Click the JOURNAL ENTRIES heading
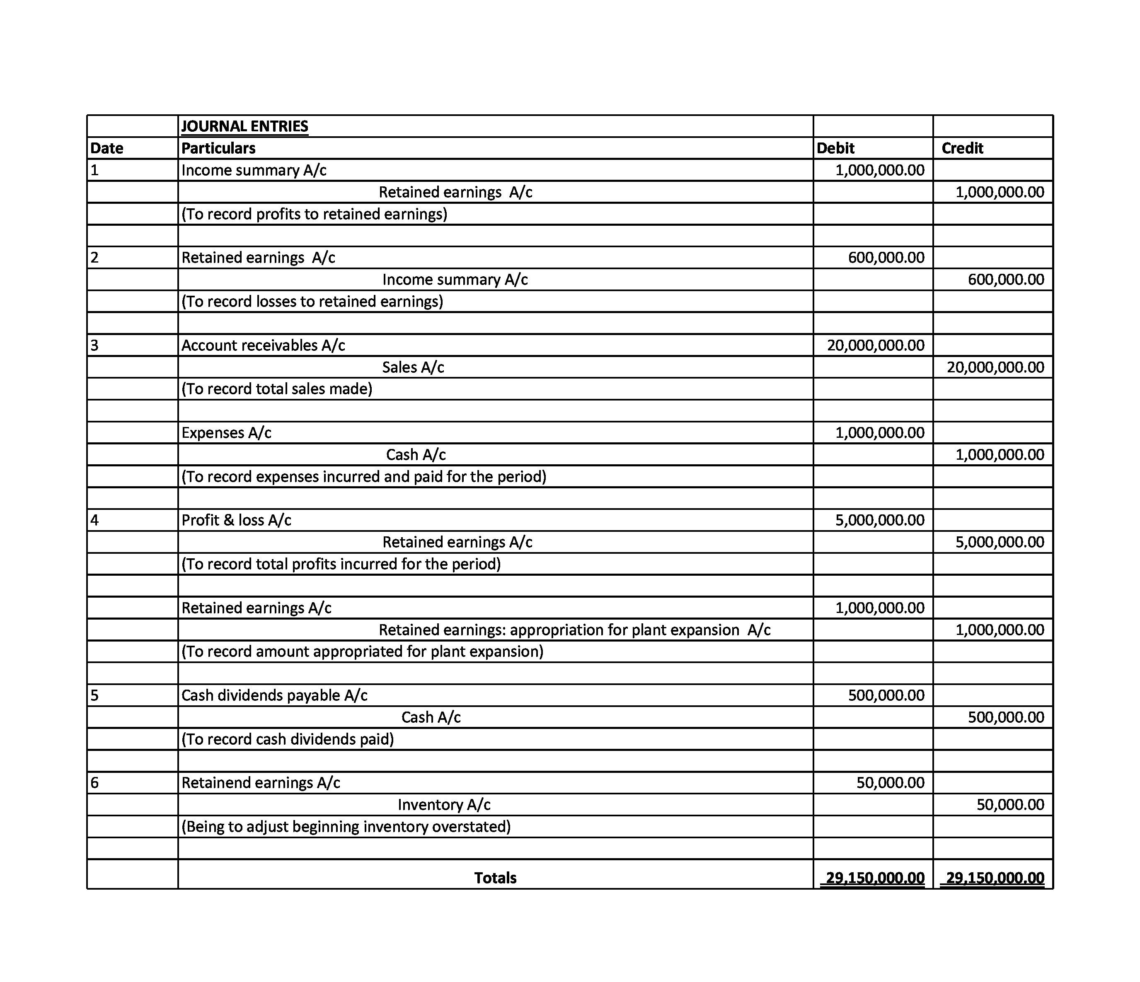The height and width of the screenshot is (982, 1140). (245, 126)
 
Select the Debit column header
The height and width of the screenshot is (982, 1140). (835, 148)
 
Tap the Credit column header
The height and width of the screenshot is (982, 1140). (962, 148)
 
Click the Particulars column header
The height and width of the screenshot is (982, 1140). (218, 148)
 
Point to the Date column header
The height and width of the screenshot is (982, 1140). (107, 148)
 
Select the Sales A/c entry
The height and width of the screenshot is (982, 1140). (413, 367)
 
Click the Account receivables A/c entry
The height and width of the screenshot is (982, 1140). (263, 345)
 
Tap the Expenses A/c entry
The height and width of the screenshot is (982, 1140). (226, 433)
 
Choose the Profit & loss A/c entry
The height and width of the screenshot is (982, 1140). (236, 521)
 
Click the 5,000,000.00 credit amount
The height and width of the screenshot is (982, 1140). (999, 542)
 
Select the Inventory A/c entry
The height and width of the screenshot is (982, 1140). (444, 805)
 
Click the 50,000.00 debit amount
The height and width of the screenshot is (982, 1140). (890, 783)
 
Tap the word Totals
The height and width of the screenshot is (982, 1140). (495, 878)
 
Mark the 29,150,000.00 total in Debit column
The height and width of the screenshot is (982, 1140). (875, 878)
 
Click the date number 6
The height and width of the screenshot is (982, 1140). (94, 783)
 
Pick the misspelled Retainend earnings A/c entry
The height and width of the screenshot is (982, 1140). (261, 783)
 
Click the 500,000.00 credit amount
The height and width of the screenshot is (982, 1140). (1006, 717)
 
